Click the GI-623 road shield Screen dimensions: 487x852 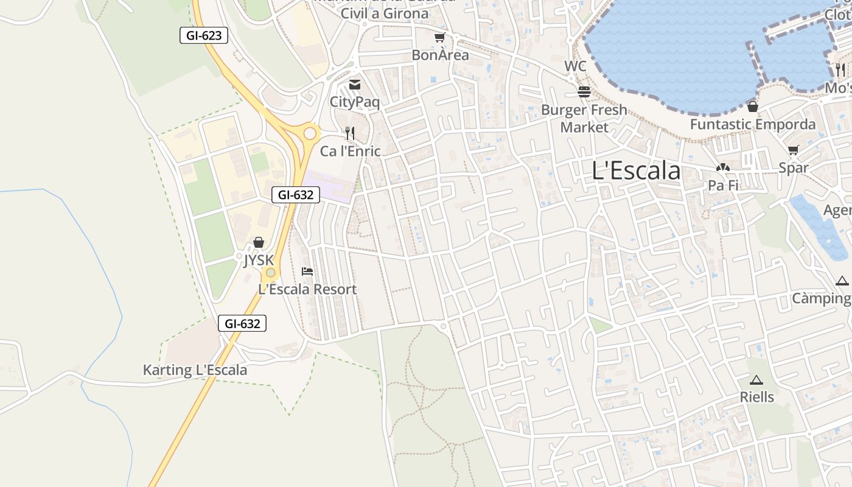tap(204, 35)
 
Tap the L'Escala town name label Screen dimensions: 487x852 tap(636, 171)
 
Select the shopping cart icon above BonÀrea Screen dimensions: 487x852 tap(440, 38)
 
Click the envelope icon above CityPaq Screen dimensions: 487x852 tap(354, 85)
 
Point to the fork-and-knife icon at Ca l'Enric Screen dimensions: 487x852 tap(349, 133)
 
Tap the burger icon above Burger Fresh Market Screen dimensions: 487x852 tap(584, 92)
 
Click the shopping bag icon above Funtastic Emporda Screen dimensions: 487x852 tap(753, 107)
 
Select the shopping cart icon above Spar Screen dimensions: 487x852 tap(793, 150)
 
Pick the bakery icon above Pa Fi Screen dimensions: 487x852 tap(723, 167)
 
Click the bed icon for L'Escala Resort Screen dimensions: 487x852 tap(307, 271)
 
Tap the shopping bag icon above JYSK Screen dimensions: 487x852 tap(259, 242)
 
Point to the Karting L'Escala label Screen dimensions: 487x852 tap(195, 370)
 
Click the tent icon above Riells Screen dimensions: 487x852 tap(756, 380)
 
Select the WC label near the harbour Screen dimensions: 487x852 tap(575, 66)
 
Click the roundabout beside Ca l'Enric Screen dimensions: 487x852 tap(310, 133)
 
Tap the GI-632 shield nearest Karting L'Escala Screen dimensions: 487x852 tap(242, 323)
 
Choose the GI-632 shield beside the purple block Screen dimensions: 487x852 tap(296, 195)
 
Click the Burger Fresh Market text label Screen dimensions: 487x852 tap(584, 119)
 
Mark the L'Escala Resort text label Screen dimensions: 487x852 tap(307, 289)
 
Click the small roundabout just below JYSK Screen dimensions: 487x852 tap(271, 273)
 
